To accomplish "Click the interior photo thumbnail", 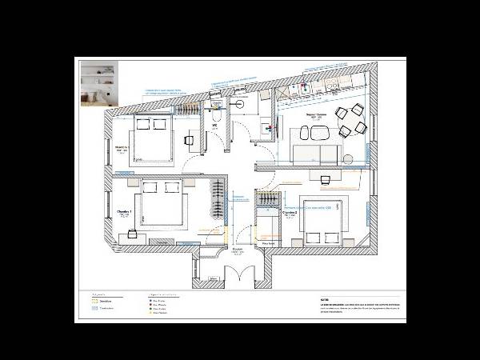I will click(x=97, y=84).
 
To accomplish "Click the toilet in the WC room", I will click(x=216, y=119).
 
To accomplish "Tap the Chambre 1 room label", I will click(x=124, y=213).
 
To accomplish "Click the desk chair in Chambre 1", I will click(x=131, y=235).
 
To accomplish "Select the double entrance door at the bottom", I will click(x=238, y=276).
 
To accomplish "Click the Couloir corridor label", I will click(x=238, y=250).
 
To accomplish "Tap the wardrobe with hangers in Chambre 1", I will click(x=217, y=198).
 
